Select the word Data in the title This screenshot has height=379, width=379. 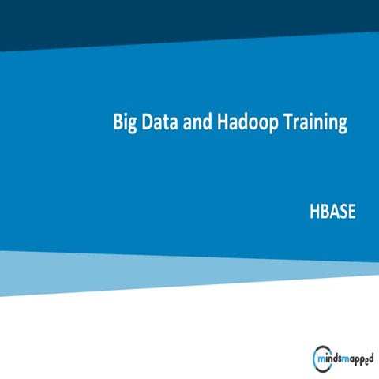click(x=162, y=123)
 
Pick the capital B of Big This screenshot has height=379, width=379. click(x=118, y=123)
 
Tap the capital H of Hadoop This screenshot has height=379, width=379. click(x=223, y=123)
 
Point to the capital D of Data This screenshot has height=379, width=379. click(x=148, y=123)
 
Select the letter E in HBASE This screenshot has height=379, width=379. click(x=352, y=212)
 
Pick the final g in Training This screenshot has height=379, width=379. click(x=343, y=126)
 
